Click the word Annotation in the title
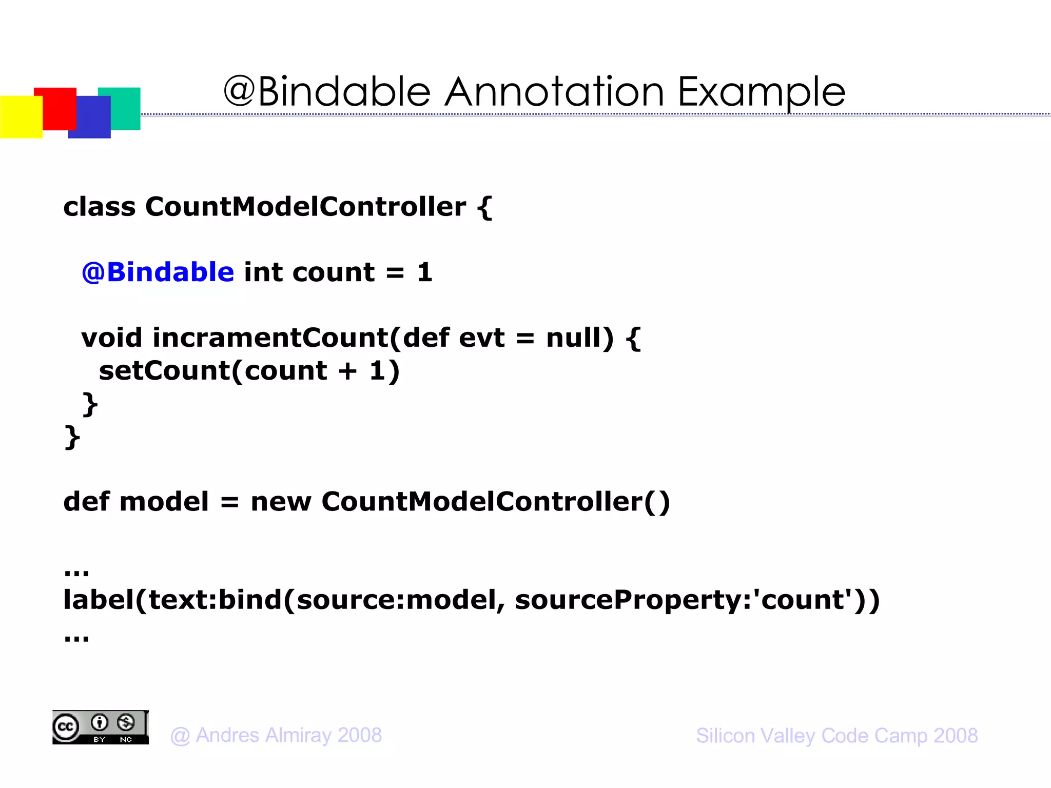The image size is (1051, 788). coord(554,92)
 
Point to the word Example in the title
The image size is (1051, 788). coord(762,92)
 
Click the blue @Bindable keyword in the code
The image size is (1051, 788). coord(158,272)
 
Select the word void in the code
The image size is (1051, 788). coord(111,338)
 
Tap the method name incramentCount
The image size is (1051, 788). coord(270,338)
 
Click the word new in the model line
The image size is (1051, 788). coord(281,502)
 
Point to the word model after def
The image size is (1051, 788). coord(164,502)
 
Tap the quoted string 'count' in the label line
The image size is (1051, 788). coord(804,599)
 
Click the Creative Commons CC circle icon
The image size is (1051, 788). coord(66,727)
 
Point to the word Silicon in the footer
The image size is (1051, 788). coord(726,736)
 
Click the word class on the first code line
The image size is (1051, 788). coord(100,207)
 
